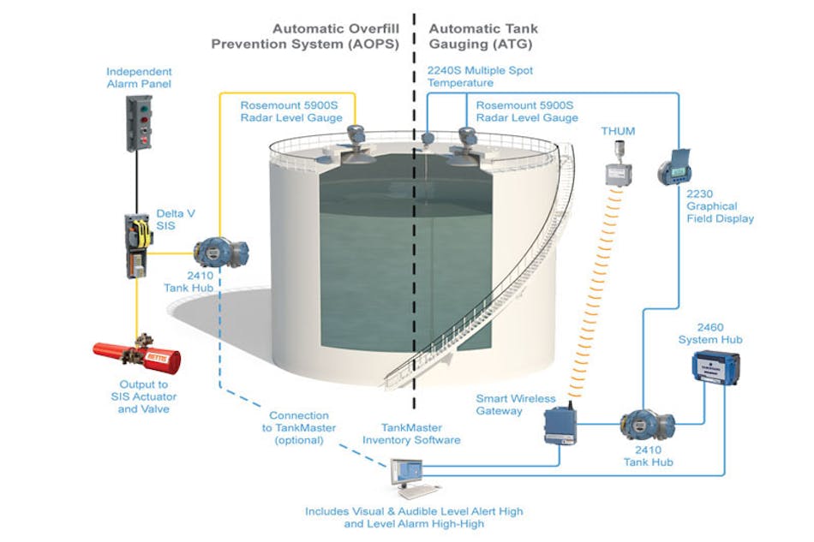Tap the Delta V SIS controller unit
138,246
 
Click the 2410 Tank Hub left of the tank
221,253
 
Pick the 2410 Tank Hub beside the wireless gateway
648,424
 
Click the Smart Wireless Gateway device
560,424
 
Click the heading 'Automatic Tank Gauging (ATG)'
484,36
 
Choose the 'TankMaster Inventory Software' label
411,432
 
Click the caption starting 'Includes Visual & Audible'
414,517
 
